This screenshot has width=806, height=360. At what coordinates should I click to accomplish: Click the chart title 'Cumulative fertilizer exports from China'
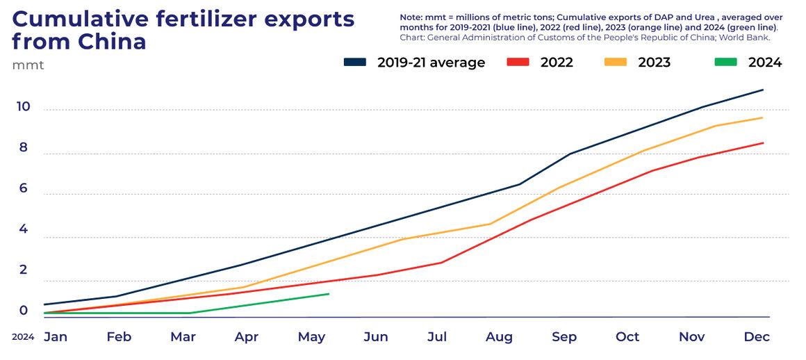(182, 31)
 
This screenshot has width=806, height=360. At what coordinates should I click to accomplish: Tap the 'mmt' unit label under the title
(28, 65)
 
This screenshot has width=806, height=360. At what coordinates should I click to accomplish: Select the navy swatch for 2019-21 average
(354, 63)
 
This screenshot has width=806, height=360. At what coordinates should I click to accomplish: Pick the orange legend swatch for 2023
(615, 63)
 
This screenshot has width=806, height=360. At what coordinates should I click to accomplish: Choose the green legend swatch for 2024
(725, 63)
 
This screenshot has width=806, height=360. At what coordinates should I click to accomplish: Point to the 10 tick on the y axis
(23, 106)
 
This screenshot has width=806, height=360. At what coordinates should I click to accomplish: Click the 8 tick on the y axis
(23, 147)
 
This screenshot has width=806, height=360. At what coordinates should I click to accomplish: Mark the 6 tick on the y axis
(23, 188)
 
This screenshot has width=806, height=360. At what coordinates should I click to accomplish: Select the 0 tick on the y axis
(23, 311)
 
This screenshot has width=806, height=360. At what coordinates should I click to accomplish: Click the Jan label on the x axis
(56, 337)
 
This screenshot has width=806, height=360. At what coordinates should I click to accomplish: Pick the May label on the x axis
(311, 337)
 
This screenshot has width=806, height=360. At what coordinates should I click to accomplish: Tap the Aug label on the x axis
(499, 337)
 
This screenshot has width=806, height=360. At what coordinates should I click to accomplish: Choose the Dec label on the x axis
(757, 337)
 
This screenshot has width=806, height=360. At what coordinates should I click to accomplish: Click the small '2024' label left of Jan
(23, 337)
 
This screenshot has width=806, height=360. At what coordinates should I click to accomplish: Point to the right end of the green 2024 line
(328, 294)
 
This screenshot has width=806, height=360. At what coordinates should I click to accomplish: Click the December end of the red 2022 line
(763, 143)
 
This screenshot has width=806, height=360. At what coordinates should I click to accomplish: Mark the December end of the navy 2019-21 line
(763, 90)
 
